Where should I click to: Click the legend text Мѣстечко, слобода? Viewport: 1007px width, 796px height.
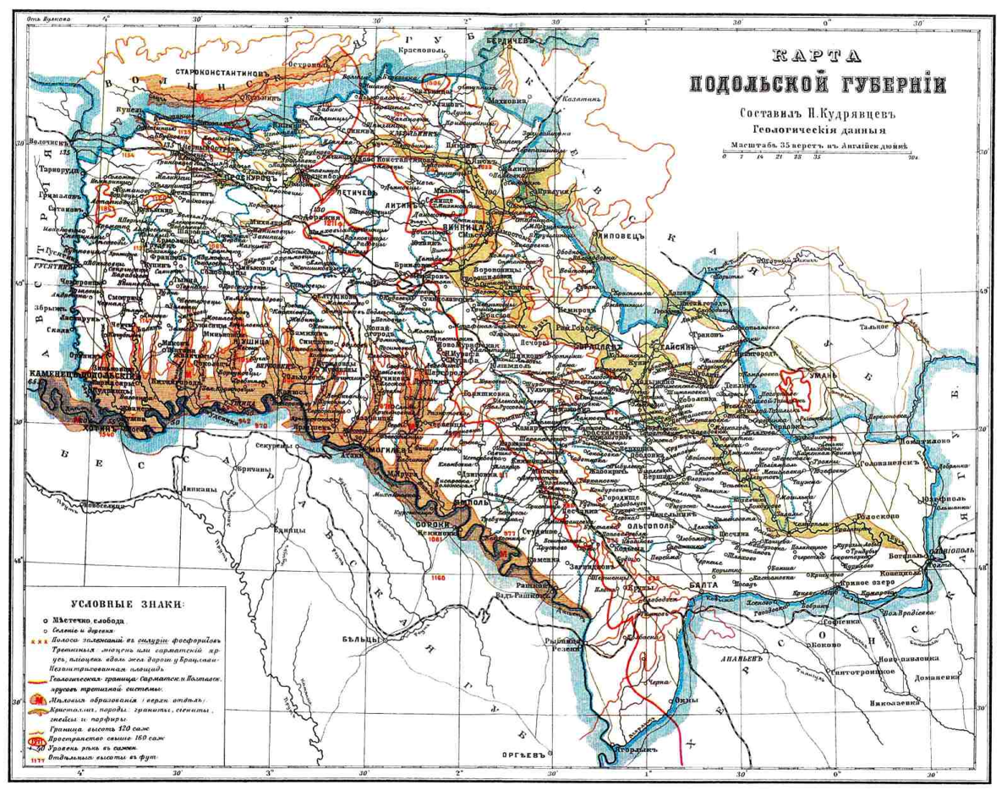tap(85, 619)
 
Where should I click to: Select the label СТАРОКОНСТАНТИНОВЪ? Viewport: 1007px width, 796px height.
tap(227, 73)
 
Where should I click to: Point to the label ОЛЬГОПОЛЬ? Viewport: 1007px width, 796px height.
tap(645, 524)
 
